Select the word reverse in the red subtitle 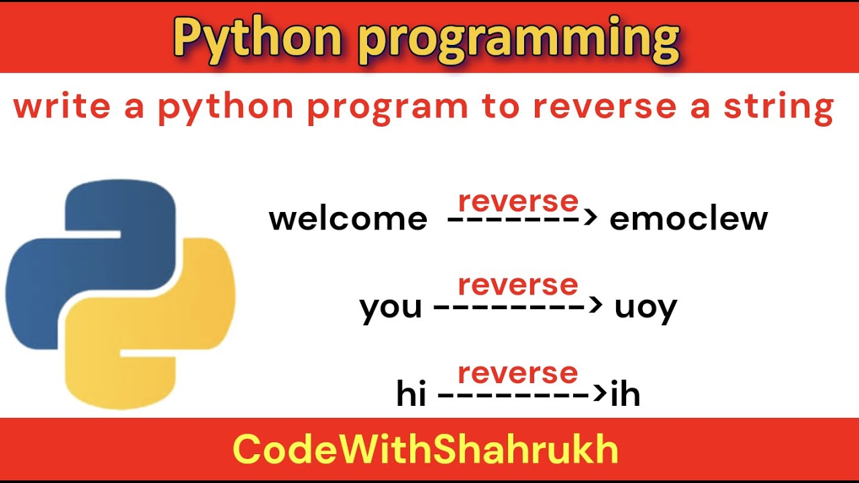click(x=605, y=107)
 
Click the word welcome click(x=348, y=219)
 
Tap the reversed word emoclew click(x=688, y=219)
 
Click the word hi click(x=411, y=395)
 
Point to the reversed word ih click(x=625, y=395)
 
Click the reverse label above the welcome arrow click(x=517, y=201)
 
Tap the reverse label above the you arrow click(x=517, y=285)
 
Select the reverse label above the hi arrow click(x=517, y=373)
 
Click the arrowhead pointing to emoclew click(x=591, y=218)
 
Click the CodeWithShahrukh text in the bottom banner click(x=425, y=450)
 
